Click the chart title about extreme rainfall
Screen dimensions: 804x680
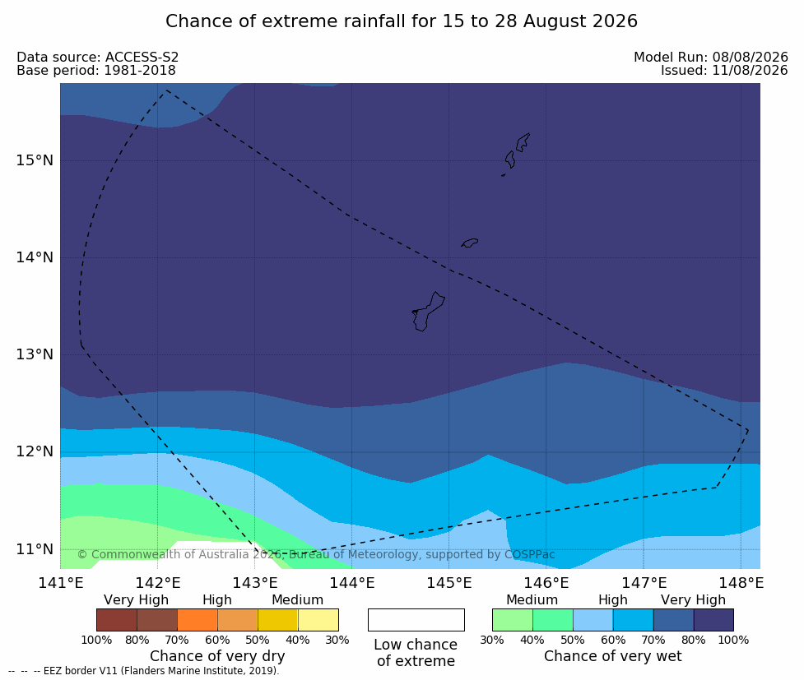402,21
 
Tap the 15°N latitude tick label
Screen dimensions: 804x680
35,160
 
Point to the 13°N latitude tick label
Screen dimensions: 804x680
35,354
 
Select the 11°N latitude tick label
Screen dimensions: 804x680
35,549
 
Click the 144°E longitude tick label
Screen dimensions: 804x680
352,583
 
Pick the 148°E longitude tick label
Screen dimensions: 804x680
741,583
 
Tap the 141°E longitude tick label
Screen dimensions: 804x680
61,583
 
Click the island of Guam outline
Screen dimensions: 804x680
428,312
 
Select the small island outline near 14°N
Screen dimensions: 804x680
470,243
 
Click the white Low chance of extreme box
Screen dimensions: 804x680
416,620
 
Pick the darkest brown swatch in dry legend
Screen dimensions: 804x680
117,620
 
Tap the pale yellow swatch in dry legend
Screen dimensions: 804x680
318,620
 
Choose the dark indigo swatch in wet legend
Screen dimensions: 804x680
713,620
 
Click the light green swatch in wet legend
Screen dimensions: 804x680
512,620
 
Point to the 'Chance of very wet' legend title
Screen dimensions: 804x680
613,656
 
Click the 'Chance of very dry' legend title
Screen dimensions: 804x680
217,656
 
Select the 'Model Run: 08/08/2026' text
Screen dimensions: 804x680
711,57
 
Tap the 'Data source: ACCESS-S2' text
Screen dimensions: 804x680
97,57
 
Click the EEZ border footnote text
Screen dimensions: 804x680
144,671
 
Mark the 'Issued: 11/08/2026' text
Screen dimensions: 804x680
724,70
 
